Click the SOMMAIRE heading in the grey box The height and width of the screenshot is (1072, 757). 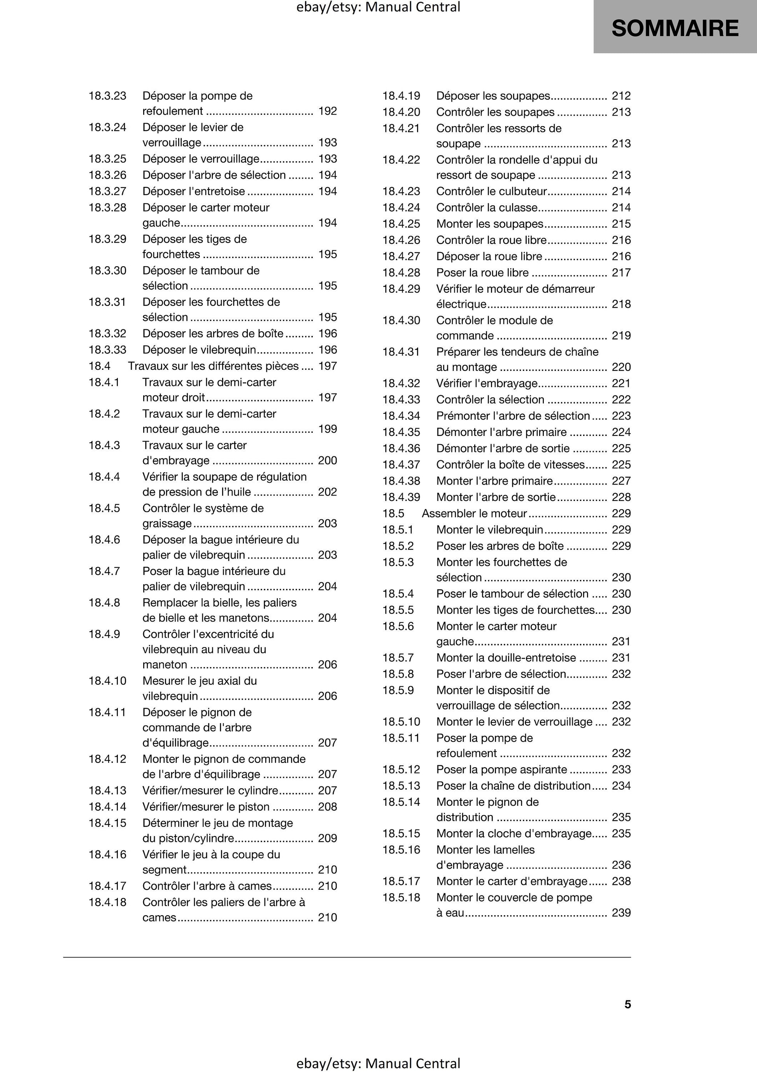pos(675,28)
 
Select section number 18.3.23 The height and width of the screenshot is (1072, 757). pos(107,96)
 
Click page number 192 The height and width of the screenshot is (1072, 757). pos(328,111)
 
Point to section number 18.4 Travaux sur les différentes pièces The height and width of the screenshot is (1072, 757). pos(100,366)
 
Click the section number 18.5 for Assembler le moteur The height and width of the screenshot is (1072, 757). pos(393,513)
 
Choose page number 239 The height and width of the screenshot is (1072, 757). pos(621,913)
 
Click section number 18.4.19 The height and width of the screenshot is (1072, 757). pos(401,96)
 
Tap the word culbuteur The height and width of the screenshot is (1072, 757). pos(523,192)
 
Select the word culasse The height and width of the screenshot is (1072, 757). pos(518,208)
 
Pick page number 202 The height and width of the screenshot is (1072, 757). pos(328,492)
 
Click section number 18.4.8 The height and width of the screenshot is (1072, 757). pos(104,603)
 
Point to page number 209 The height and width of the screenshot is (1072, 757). pos(328,838)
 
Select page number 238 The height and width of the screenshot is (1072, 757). pos(621,882)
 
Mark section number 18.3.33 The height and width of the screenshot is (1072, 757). pos(107,350)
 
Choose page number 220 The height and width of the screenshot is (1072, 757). pos(621,367)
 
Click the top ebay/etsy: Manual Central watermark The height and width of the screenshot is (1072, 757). pos(378,7)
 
